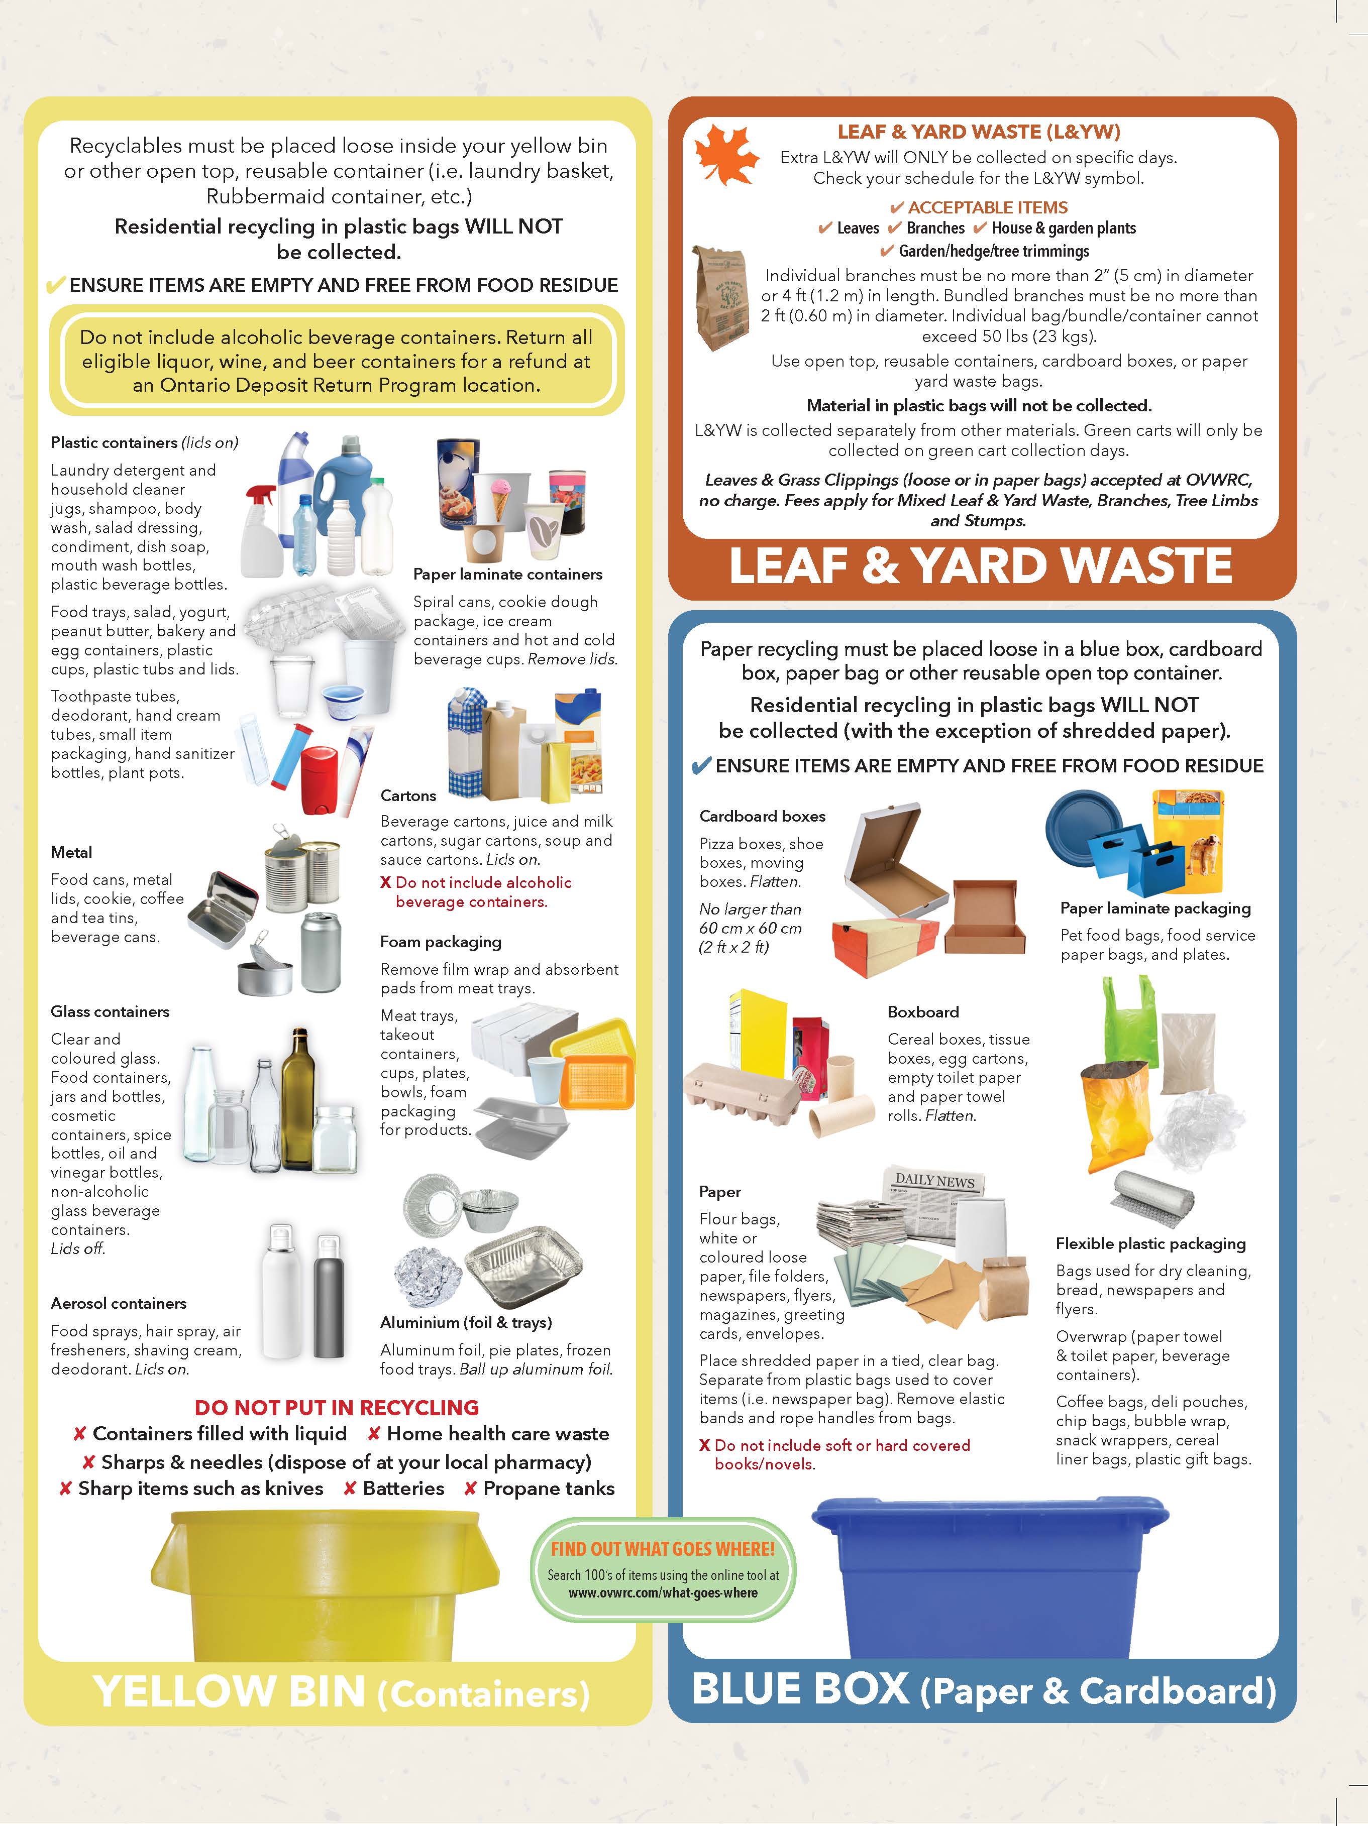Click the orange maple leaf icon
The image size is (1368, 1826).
click(726, 154)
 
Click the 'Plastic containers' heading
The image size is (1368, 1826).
click(114, 442)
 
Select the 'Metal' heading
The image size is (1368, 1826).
click(71, 852)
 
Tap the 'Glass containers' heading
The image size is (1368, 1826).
click(110, 1011)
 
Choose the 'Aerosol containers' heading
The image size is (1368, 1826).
click(118, 1303)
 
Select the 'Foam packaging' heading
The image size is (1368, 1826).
click(440, 942)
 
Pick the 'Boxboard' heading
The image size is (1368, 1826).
click(923, 1012)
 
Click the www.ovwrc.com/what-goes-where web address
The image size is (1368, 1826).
click(663, 1592)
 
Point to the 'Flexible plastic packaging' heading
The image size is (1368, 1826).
click(1151, 1243)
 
